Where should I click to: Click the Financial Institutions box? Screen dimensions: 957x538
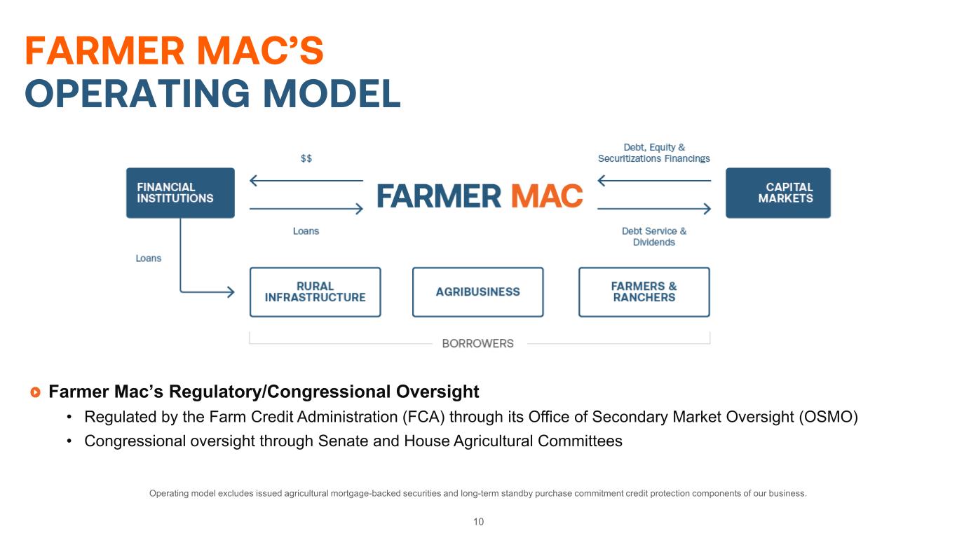[180, 193]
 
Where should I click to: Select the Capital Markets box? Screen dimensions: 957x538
[778, 193]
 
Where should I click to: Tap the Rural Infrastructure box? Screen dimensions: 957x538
[315, 292]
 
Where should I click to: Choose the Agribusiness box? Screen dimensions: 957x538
[477, 292]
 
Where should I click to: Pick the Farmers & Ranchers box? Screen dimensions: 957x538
[644, 292]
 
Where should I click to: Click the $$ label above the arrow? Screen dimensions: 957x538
[306, 158]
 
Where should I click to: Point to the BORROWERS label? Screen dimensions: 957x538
[477, 343]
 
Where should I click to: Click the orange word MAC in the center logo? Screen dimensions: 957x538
[547, 196]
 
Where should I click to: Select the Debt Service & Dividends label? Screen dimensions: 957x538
[654, 237]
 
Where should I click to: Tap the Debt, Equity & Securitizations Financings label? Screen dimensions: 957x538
[653, 153]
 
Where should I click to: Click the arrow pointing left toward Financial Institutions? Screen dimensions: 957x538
[306, 181]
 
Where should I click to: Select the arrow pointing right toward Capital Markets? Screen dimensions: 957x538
[654, 209]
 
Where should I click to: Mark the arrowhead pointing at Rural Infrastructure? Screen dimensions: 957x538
[231, 292]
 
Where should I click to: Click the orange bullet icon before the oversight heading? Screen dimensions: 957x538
[36, 392]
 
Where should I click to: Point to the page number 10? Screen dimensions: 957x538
[478, 521]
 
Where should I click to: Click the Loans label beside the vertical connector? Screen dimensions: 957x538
[148, 258]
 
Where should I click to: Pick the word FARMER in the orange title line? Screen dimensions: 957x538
[104, 51]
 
